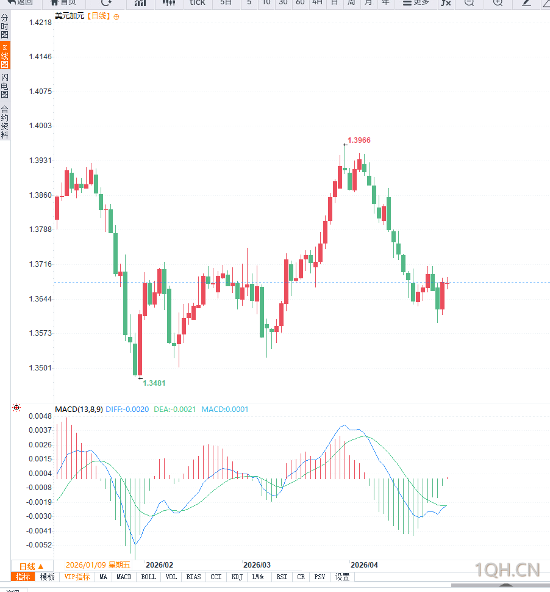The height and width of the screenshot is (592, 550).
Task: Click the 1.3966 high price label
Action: tap(359, 140)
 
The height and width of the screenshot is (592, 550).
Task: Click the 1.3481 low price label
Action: tap(154, 383)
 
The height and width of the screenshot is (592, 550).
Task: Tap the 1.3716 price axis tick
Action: tap(41, 264)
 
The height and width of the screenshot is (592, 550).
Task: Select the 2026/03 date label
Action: tap(257, 565)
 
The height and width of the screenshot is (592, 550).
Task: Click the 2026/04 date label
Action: tap(365, 565)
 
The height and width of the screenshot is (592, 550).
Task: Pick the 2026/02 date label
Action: tap(160, 565)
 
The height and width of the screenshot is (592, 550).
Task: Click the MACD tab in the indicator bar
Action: tap(124, 577)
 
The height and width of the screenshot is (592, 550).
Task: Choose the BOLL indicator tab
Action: tap(148, 577)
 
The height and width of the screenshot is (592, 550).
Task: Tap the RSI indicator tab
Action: tap(282, 577)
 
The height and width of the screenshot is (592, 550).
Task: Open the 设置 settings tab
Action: tap(343, 577)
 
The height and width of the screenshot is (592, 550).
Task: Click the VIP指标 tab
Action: tap(77, 577)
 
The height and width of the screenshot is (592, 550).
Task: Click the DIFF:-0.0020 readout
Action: tap(127, 409)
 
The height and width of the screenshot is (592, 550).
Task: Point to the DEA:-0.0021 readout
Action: tap(174, 409)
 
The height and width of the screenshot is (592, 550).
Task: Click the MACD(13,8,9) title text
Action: tap(78, 409)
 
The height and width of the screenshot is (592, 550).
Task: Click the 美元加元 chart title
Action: tap(68, 16)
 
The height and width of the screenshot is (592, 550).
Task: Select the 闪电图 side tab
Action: tap(5, 86)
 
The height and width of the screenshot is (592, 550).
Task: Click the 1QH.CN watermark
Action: tap(507, 571)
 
